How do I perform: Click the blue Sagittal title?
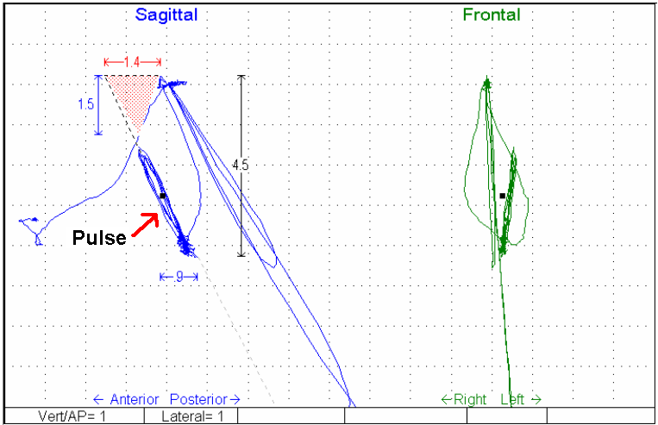tap(166, 15)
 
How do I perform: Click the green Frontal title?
tap(491, 15)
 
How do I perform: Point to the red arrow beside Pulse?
tap(147, 224)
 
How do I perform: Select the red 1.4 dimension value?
tap(132, 62)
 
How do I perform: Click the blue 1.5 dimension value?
tap(85, 104)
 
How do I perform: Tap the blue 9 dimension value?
tap(179, 277)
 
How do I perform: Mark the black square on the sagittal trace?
tap(163, 196)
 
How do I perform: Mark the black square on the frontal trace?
tap(503, 196)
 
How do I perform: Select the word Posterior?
tap(200, 399)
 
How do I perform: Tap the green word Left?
tap(519, 399)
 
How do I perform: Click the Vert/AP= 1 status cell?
tap(73, 416)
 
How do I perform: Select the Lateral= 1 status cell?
tap(191, 416)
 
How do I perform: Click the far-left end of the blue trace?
tap(21, 222)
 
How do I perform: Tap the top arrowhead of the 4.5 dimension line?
tap(241, 78)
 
